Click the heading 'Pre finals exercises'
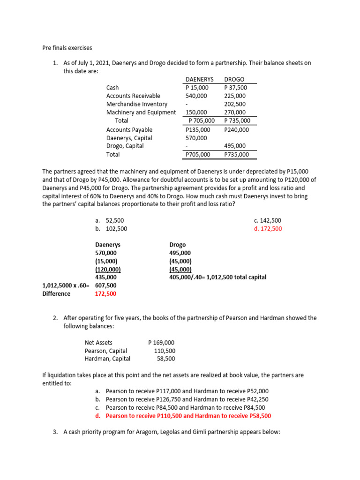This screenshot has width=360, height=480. pyautogui.click(x=67, y=48)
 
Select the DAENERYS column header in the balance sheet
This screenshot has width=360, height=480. pyautogui.click(x=200, y=80)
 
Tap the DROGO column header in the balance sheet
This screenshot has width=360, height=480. pyautogui.click(x=234, y=80)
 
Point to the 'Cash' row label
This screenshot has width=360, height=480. pyautogui.click(x=112, y=88)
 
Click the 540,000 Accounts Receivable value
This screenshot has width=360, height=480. pyautogui.click(x=196, y=96)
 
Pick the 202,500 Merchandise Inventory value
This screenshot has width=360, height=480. pyautogui.click(x=235, y=104)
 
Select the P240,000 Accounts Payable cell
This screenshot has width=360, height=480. pyautogui.click(x=237, y=130)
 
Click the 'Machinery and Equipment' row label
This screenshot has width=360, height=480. pyautogui.click(x=141, y=112)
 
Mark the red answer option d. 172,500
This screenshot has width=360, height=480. pyautogui.click(x=268, y=229)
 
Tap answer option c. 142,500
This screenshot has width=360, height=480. pyautogui.click(x=268, y=220)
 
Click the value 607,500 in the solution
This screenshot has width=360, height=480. pyautogui.click(x=106, y=285)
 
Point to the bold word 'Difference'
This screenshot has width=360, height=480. pyautogui.click(x=56, y=293)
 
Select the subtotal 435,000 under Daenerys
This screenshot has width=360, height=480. pyautogui.click(x=106, y=277)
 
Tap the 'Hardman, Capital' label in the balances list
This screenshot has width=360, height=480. pyautogui.click(x=107, y=359)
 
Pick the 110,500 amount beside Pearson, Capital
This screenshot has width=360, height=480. pyautogui.click(x=165, y=351)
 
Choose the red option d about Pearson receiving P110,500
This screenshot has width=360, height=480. pyautogui.click(x=188, y=416)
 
